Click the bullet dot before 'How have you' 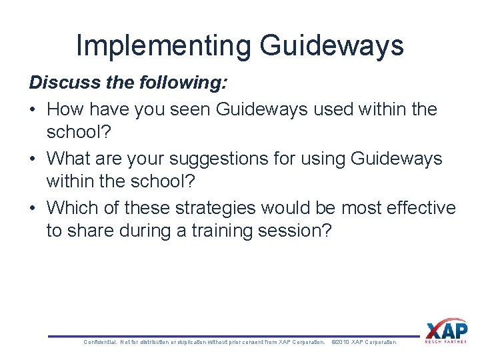(x=33, y=109)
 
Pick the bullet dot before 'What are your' (x=33, y=159)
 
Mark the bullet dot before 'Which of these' (x=33, y=208)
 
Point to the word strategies (x=209, y=208)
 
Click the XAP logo (x=446, y=329)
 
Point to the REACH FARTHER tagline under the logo (x=446, y=342)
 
